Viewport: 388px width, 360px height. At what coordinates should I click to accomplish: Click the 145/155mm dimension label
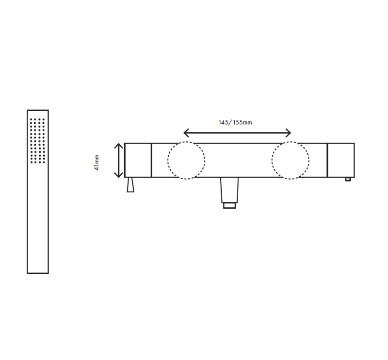[235, 122]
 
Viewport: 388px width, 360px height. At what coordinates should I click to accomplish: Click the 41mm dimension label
[97, 162]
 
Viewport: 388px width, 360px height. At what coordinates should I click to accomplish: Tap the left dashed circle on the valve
[186, 161]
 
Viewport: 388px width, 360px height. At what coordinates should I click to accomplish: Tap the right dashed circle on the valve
[290, 161]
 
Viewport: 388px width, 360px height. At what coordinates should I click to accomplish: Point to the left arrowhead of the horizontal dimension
[187, 133]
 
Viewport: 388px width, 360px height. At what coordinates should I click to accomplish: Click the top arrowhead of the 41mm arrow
[118, 146]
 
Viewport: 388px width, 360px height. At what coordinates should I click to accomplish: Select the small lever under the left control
[130, 185]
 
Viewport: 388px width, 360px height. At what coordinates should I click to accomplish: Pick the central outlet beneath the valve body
[229, 190]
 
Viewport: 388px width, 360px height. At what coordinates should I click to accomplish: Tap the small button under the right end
[348, 179]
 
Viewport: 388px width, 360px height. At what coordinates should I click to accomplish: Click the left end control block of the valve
[138, 160]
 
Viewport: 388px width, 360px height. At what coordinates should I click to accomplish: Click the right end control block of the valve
[341, 160]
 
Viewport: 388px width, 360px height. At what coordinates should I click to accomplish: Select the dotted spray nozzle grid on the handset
[37, 140]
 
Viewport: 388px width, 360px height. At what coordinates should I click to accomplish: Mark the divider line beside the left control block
[151, 160]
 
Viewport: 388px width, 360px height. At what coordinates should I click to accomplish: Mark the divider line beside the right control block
[327, 160]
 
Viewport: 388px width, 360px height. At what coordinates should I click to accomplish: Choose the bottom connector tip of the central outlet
[229, 206]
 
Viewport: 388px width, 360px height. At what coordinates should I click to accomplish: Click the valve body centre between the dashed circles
[238, 160]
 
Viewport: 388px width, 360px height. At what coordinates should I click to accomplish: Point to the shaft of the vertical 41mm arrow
[118, 160]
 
